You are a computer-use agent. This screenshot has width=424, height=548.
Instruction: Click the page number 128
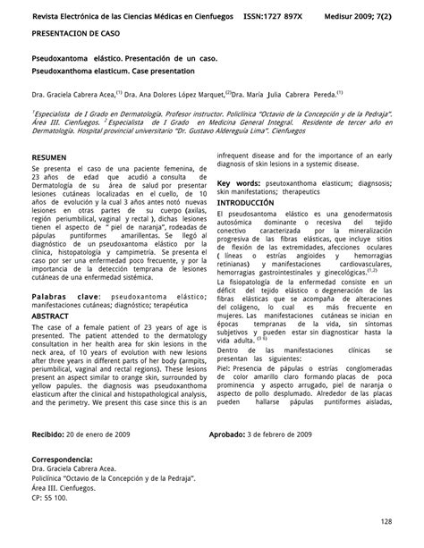386,521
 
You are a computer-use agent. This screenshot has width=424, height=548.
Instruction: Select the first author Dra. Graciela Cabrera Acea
70,92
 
